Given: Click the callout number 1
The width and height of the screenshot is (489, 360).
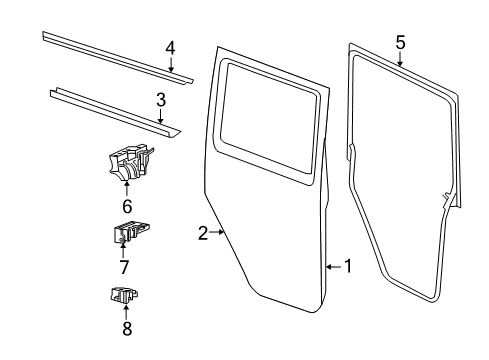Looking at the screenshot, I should pos(348,266).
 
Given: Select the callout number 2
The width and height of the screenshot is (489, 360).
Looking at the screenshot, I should pos(203,233).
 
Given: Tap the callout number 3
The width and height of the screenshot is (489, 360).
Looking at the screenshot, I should pos(160,99).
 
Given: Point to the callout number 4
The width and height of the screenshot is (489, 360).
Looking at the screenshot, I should pos(170,47).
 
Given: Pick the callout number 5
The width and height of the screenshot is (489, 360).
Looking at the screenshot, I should pos(400,42).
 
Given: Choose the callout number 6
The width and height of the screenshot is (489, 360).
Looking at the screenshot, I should pos(127,206).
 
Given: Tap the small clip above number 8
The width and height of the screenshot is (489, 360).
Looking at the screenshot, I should pos(123,295).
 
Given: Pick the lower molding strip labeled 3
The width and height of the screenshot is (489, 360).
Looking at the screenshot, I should pos(110,109).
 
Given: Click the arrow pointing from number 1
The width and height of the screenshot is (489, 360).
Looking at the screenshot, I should pos(332,266).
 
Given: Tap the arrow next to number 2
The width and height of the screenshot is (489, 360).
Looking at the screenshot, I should pos(218,233).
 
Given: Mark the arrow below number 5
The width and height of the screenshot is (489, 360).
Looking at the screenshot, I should pos(400,60).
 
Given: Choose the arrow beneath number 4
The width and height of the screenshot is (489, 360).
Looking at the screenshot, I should pos(170,66).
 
